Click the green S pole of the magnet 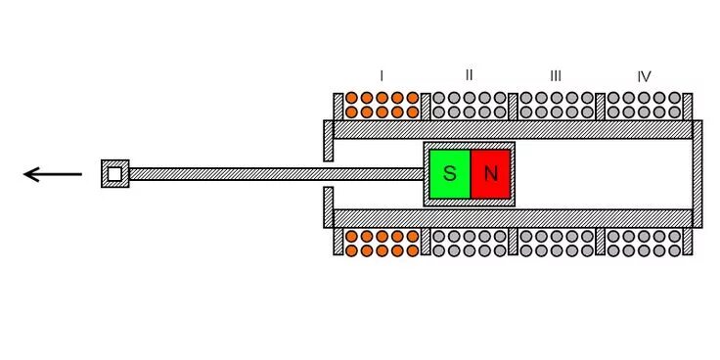coord(449,174)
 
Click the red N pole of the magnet coord(491,174)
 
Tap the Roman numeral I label coord(382,75)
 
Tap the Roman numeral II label coord(470,75)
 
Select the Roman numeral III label coord(556,75)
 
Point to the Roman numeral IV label coord(644,75)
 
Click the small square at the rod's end coord(114,174)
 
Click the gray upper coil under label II coord(470,105)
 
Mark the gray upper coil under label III coord(556,105)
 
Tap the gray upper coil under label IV coord(644,105)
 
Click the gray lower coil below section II coord(470,244)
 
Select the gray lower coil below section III coord(556,244)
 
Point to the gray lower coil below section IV coord(644,244)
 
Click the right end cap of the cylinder coord(697,174)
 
